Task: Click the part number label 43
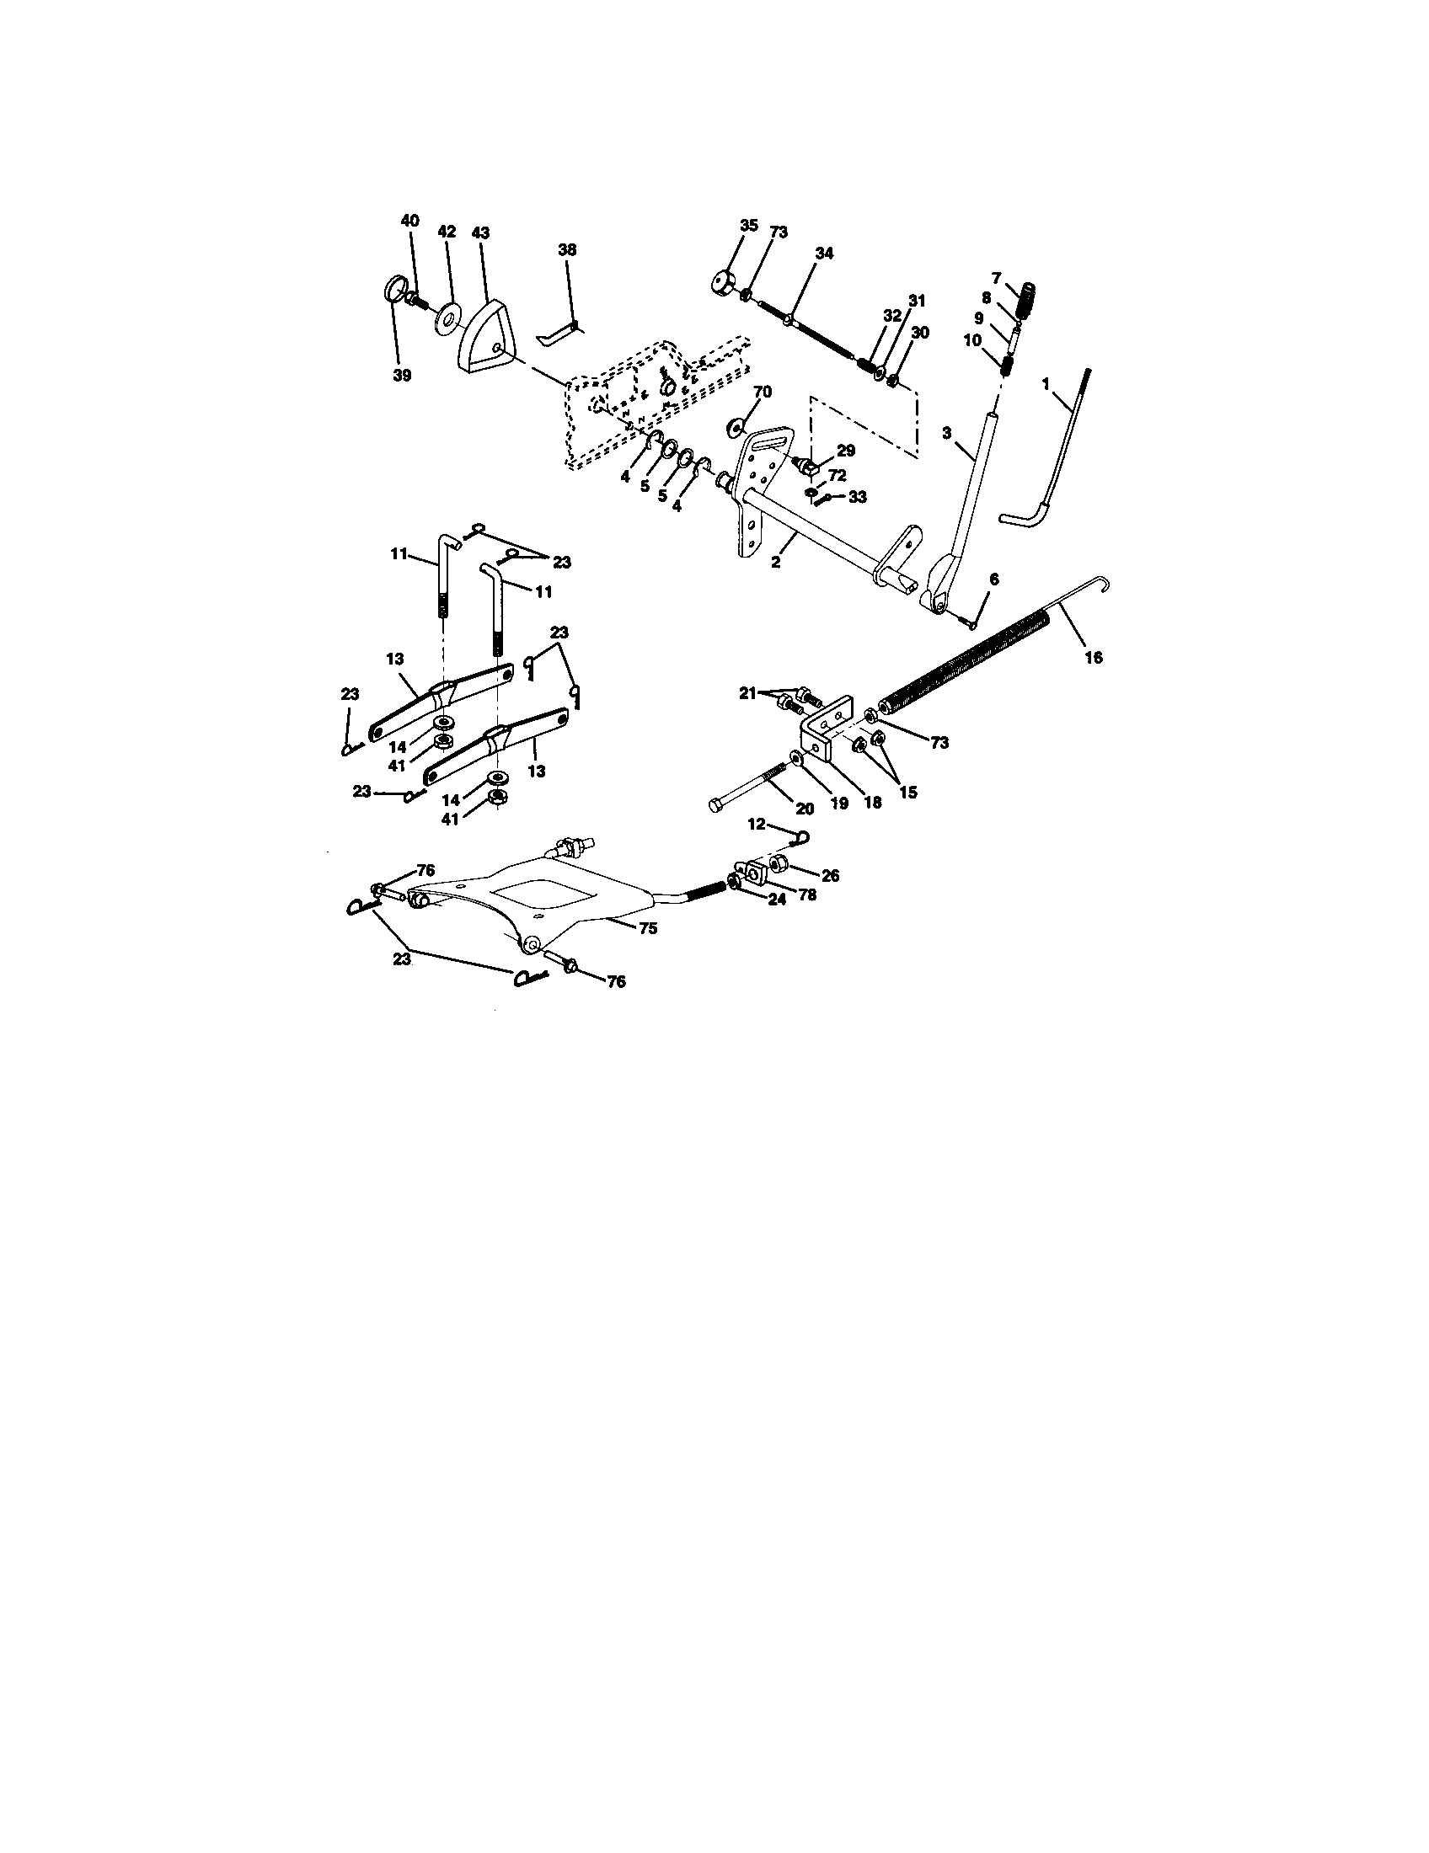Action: click(481, 232)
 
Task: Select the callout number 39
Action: click(402, 375)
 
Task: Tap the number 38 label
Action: click(567, 249)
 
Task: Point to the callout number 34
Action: click(824, 253)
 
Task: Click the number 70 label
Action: click(763, 392)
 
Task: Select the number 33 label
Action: click(857, 497)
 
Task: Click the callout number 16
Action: click(1094, 657)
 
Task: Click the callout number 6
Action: click(993, 579)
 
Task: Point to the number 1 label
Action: click(1046, 383)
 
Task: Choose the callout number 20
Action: click(805, 809)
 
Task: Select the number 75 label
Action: click(647, 928)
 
